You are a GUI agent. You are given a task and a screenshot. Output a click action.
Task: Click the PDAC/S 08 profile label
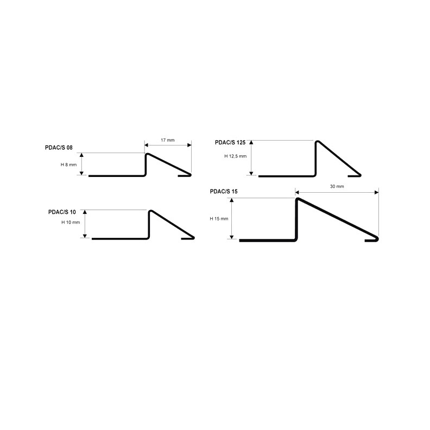(x=59, y=148)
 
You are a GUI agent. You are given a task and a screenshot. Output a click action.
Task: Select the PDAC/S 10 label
(x=62, y=212)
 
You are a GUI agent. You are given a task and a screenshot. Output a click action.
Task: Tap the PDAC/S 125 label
(x=230, y=143)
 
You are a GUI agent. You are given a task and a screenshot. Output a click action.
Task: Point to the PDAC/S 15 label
(x=224, y=192)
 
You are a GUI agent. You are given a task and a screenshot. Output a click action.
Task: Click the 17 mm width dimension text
(x=168, y=140)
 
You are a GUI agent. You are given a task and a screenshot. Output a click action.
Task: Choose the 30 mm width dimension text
(x=337, y=186)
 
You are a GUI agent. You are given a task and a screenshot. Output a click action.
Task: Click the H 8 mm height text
(x=68, y=165)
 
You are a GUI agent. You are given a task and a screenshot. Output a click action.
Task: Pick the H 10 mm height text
(x=71, y=223)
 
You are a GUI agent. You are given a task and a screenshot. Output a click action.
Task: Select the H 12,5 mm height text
(x=235, y=156)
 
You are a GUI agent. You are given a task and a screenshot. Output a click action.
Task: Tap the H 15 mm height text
(x=219, y=219)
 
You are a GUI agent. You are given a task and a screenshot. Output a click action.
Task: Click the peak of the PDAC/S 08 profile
(x=147, y=154)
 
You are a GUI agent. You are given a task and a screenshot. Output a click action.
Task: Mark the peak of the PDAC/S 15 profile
(x=298, y=199)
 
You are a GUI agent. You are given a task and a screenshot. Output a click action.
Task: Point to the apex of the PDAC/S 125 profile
(x=317, y=142)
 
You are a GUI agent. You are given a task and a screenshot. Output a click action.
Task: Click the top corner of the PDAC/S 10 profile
(x=150, y=211)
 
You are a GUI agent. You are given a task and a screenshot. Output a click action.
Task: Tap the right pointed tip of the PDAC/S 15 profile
(x=378, y=239)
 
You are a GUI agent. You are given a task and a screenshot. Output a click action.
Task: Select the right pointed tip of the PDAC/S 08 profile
(x=191, y=175)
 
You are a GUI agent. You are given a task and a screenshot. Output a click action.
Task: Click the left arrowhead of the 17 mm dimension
(x=146, y=145)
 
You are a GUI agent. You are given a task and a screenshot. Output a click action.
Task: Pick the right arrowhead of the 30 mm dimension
(x=377, y=193)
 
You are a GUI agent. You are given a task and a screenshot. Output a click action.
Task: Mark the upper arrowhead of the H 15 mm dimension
(x=232, y=200)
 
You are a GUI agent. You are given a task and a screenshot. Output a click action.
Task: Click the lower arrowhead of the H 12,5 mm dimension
(x=251, y=173)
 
